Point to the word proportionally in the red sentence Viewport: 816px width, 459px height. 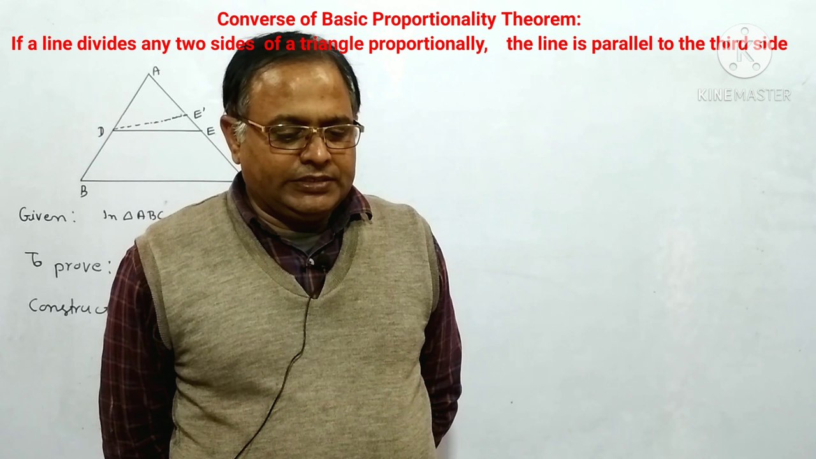(x=428, y=44)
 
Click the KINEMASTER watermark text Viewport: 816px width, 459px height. (x=744, y=96)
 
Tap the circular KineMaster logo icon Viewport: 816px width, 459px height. (x=745, y=52)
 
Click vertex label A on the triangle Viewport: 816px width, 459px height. (x=156, y=71)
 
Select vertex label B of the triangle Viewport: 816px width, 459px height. (x=84, y=191)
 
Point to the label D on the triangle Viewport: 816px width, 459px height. (x=101, y=132)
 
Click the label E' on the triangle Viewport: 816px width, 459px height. (x=199, y=113)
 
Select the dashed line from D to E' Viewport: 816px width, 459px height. (x=150, y=122)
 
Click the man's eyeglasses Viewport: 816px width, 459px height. (x=300, y=135)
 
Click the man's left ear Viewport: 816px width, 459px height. (x=240, y=131)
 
